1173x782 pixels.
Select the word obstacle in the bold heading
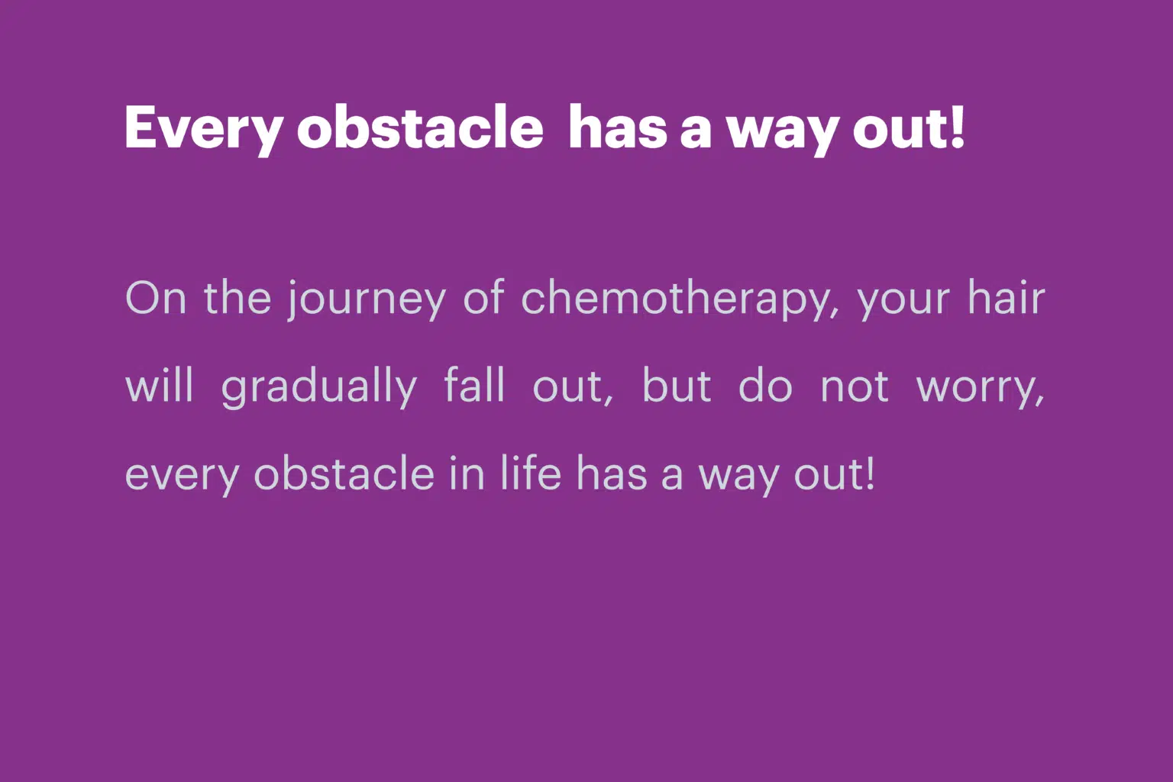(420, 127)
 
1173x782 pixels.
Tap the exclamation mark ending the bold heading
(957, 126)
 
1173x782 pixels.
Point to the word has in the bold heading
(618, 127)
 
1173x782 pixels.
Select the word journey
(367, 300)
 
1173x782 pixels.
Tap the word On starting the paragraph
(156, 298)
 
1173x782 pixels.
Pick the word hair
(1006, 297)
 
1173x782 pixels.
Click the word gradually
(319, 388)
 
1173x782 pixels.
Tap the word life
(531, 473)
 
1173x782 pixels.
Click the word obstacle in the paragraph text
(344, 473)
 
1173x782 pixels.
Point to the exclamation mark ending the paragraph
(871, 473)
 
